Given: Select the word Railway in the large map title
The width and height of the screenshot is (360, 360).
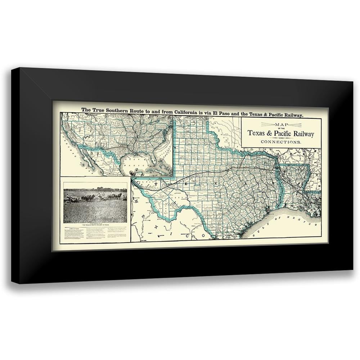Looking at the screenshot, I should tap(300, 134).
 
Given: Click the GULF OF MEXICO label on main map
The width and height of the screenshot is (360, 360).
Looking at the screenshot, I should tap(284, 226).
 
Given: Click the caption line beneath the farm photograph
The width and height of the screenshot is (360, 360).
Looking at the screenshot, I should tap(95, 225).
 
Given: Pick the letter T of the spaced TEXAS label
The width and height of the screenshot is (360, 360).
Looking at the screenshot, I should tap(156, 183).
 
